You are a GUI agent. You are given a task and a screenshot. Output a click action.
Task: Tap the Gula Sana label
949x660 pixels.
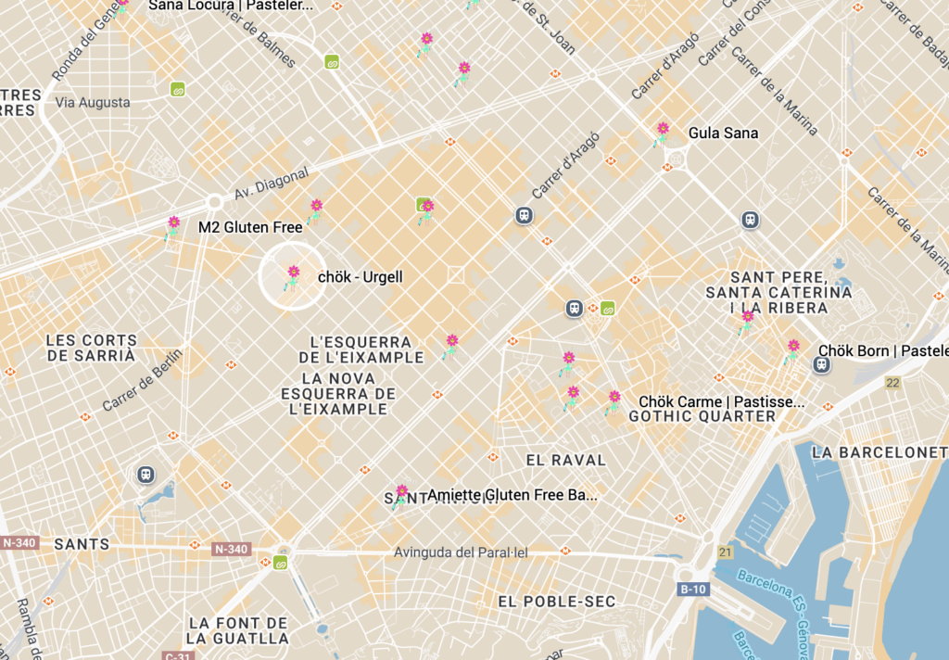point(723,133)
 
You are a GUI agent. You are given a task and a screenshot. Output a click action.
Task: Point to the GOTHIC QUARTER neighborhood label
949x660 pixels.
point(702,416)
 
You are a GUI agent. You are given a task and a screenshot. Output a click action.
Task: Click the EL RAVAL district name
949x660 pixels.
point(565,460)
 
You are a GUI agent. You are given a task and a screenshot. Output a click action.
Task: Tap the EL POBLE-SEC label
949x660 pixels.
point(556,602)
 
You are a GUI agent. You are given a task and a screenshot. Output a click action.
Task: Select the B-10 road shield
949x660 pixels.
point(693,589)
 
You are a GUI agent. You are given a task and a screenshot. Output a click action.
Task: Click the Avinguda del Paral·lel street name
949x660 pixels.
point(461,552)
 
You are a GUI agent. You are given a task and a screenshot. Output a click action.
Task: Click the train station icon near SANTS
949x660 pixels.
point(146,475)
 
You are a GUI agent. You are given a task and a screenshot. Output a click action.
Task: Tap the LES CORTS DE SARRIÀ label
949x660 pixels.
point(91,348)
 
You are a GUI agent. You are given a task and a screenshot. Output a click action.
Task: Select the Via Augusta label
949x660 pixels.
point(93,102)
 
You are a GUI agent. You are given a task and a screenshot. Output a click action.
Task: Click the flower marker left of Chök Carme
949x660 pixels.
point(614,400)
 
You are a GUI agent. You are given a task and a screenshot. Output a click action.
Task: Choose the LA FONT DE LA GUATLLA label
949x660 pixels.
point(238,630)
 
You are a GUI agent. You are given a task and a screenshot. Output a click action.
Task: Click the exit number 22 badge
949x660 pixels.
point(892,383)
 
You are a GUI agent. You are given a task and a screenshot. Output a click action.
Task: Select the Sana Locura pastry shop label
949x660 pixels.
point(231,6)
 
